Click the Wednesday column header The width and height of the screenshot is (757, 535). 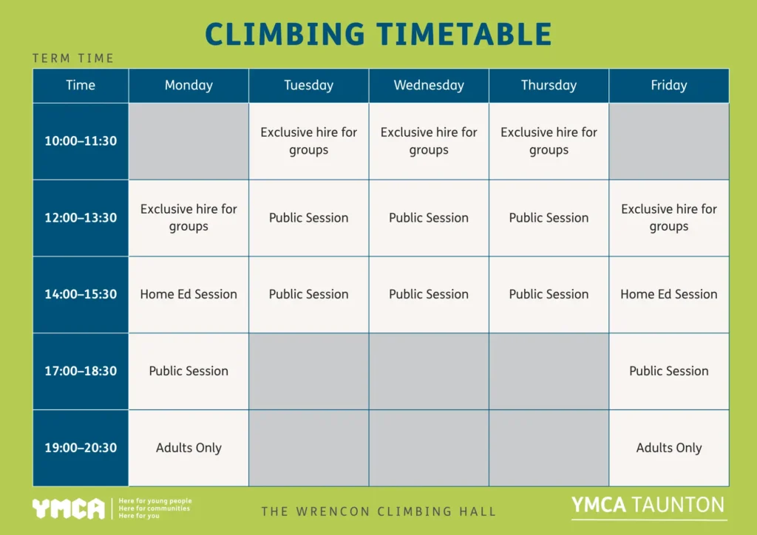(x=429, y=86)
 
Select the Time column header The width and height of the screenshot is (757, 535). (x=81, y=86)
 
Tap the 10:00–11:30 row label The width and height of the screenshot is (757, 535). (x=81, y=141)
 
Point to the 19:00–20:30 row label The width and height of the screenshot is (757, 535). (x=81, y=448)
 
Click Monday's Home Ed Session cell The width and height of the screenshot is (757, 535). (x=189, y=294)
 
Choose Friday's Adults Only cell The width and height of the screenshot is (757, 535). (x=668, y=448)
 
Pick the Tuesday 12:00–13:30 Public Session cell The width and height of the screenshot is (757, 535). (x=308, y=218)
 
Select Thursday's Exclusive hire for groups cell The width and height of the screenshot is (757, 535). (x=549, y=141)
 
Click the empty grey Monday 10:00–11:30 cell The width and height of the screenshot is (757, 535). (x=189, y=141)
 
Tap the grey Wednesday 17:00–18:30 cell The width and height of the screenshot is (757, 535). (x=429, y=371)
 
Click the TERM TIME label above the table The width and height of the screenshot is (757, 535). (x=73, y=58)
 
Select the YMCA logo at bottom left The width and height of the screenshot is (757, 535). (x=68, y=508)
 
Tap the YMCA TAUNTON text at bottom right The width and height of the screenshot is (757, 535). (x=648, y=505)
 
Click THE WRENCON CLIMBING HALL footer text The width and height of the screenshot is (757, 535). (x=378, y=511)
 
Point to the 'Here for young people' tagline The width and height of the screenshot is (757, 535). (x=155, y=501)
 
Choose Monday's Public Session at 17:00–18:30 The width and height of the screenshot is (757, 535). (x=189, y=371)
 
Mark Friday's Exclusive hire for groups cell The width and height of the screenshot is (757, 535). (x=668, y=218)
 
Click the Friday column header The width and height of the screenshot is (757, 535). (x=668, y=86)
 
